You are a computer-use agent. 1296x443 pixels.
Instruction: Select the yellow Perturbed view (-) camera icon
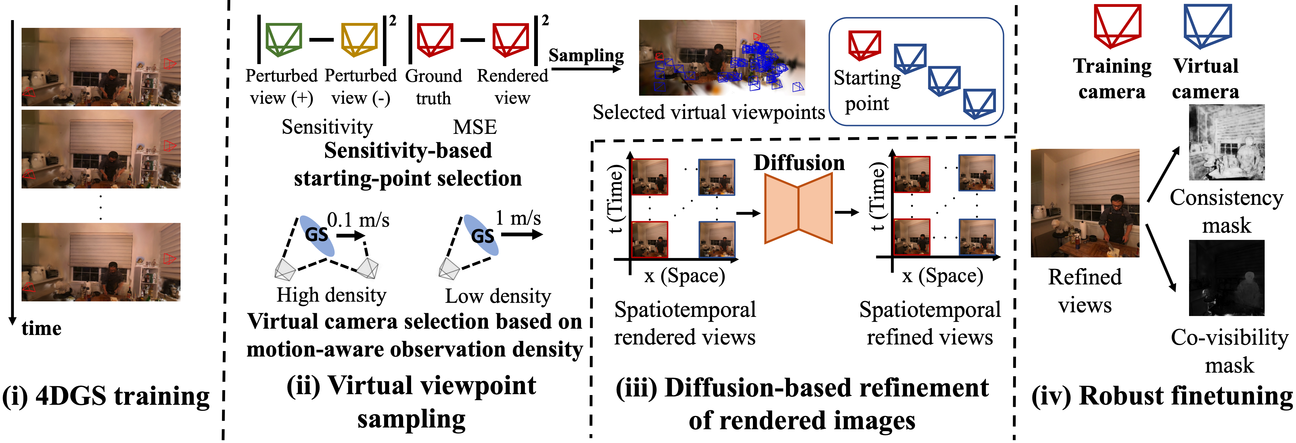[x=359, y=39]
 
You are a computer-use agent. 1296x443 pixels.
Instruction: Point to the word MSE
[x=475, y=127]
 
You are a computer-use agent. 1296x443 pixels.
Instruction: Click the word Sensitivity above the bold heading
[x=327, y=127]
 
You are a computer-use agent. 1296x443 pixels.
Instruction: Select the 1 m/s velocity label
[x=518, y=218]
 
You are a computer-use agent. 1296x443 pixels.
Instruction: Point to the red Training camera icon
[x=1117, y=26]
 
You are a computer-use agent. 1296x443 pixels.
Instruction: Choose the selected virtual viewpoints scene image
[x=722, y=58]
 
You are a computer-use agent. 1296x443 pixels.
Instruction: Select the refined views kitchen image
[x=1085, y=203]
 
